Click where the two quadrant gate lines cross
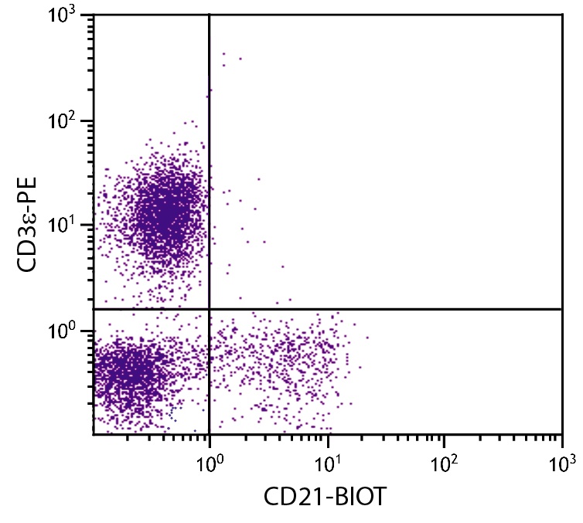[210, 309]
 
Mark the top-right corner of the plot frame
[562, 14]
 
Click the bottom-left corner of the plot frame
[93, 434]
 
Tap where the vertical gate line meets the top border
[210, 14]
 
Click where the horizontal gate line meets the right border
[562, 309]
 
